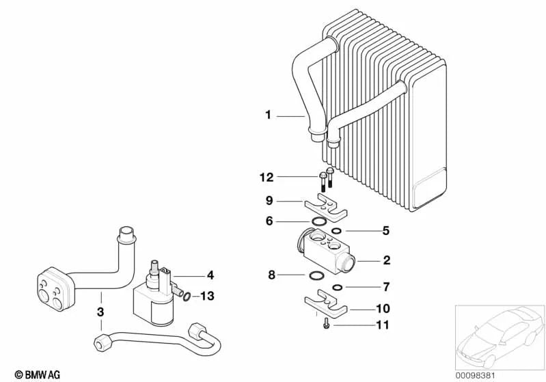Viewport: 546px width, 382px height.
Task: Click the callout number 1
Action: coord(269,115)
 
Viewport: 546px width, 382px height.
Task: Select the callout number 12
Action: coord(266,178)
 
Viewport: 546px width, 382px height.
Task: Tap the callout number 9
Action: coord(269,201)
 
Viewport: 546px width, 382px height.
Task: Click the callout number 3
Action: coord(100,312)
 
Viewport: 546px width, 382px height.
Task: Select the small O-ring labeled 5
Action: coord(337,231)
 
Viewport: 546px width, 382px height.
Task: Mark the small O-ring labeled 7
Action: coord(337,286)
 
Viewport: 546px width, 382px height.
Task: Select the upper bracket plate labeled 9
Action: coord(323,206)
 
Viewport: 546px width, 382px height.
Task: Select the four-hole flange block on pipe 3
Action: coord(53,288)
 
